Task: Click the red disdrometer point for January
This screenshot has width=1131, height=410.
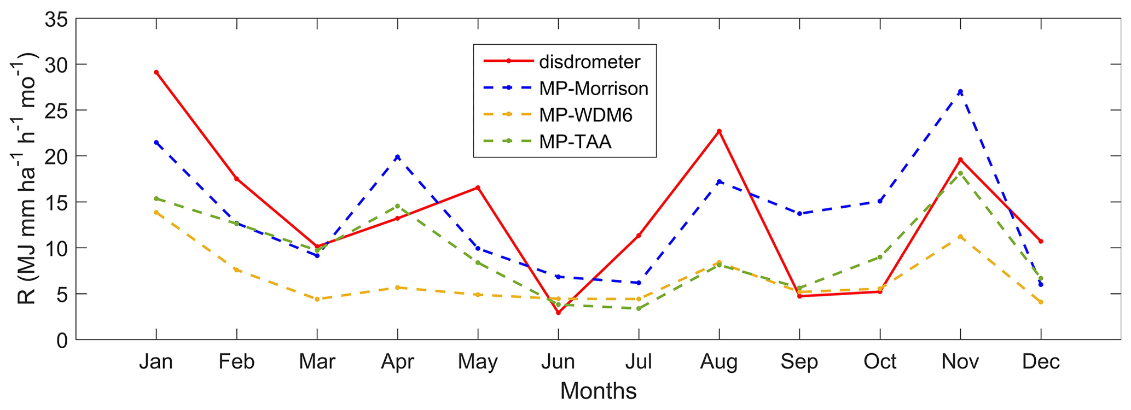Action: pyautogui.click(x=156, y=72)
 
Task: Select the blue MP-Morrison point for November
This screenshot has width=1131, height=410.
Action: pyautogui.click(x=960, y=92)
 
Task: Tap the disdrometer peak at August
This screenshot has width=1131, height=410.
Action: pyautogui.click(x=719, y=131)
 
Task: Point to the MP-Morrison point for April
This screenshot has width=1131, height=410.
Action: pyautogui.click(x=398, y=157)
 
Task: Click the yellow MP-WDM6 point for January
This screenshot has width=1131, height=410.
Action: pyautogui.click(x=156, y=212)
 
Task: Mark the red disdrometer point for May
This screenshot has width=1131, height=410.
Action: pyautogui.click(x=478, y=188)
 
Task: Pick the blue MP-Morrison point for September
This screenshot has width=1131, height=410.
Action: pyautogui.click(x=799, y=213)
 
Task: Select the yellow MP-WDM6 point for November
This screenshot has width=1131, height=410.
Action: pyautogui.click(x=960, y=237)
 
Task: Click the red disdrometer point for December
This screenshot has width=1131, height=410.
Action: pyautogui.click(x=1041, y=241)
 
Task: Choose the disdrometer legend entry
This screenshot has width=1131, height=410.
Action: pyautogui.click(x=589, y=62)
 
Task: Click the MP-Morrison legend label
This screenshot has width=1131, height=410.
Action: pyautogui.click(x=594, y=89)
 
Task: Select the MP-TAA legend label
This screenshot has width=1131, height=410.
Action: pyautogui.click(x=575, y=142)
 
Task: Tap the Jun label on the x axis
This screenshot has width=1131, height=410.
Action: pyautogui.click(x=558, y=362)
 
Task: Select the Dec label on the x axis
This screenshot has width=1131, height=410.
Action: pyautogui.click(x=1041, y=362)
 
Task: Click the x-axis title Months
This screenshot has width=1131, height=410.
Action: pyautogui.click(x=598, y=391)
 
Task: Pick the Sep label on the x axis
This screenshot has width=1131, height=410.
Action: pyautogui.click(x=799, y=362)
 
